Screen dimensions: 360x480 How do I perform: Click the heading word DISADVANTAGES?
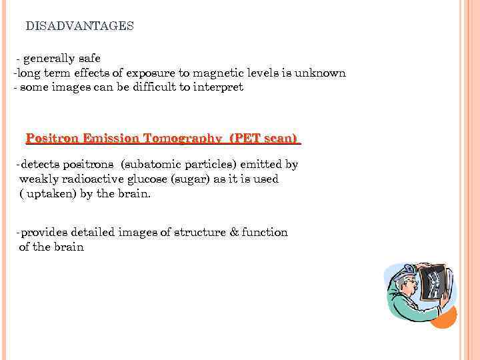click(79, 26)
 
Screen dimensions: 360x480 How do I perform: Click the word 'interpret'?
click(219, 87)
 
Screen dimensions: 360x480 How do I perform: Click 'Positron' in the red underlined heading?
click(52, 139)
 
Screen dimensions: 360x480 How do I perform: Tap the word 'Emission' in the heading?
click(109, 139)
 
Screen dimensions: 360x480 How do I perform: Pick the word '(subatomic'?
click(149, 164)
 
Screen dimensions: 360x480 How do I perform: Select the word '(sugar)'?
click(192, 179)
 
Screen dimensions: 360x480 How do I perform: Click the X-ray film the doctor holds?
click(434, 282)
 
